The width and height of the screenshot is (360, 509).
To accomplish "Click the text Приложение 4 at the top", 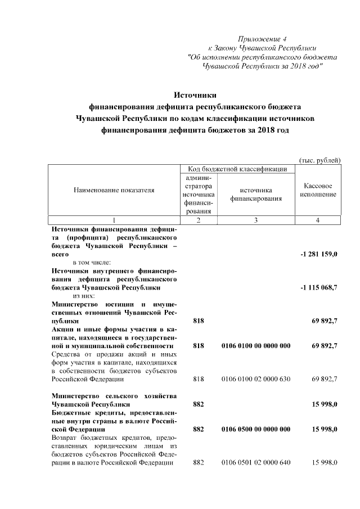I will click(262, 39).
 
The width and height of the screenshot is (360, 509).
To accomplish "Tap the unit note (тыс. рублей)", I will click(319, 160).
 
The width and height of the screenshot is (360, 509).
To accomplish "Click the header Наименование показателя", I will click(114, 190).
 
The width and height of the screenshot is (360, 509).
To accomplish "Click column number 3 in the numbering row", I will click(256, 220).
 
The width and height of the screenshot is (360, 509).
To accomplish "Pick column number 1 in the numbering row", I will click(114, 220).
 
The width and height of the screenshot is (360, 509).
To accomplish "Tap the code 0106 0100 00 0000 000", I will click(256, 345).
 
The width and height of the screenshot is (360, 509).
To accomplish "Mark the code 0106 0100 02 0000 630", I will click(256, 379).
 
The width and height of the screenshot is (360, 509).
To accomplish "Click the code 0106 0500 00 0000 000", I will click(256, 429).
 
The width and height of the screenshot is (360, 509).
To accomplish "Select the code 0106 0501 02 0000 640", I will click(256, 462).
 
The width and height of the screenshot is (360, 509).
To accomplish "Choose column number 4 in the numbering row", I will click(318, 220).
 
